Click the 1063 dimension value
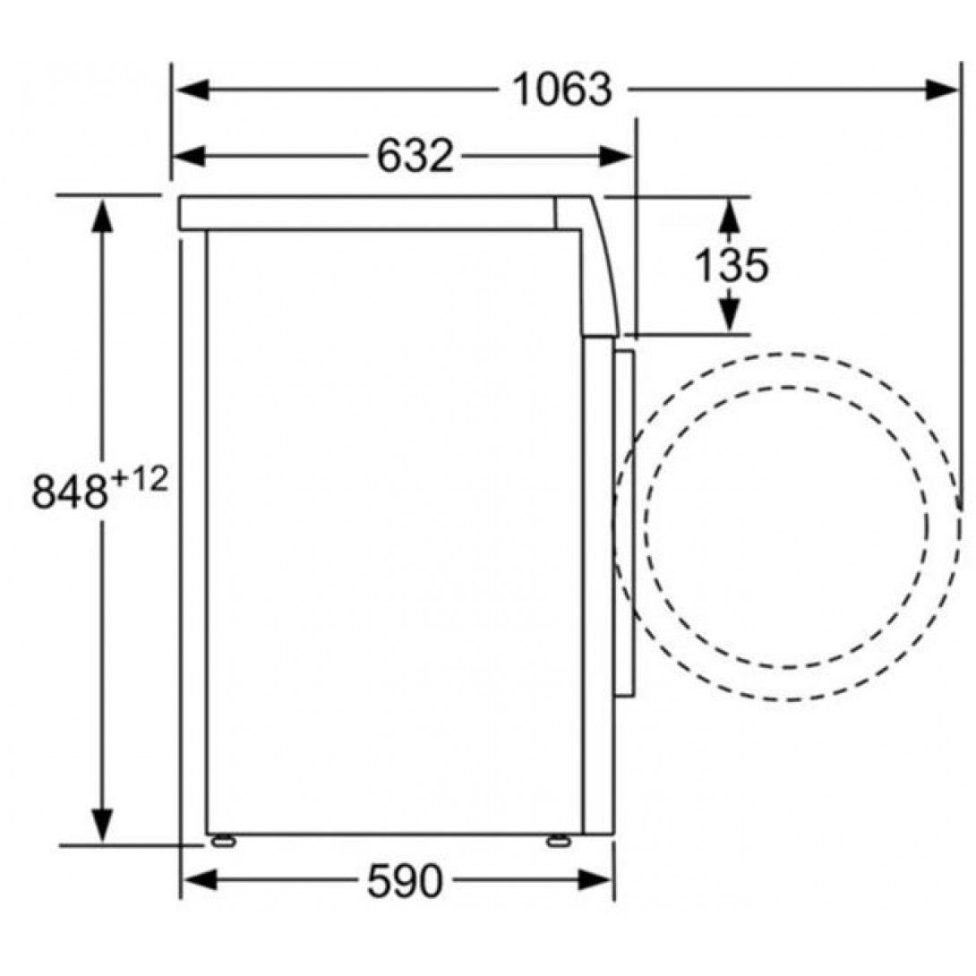[x=562, y=90]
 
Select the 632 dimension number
[x=415, y=156]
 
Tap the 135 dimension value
[x=732, y=265]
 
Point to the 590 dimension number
[x=406, y=881]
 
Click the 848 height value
[x=69, y=492]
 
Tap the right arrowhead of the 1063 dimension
[x=941, y=90]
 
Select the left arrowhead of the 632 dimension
[x=189, y=156]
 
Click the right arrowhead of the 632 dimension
[x=616, y=156]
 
